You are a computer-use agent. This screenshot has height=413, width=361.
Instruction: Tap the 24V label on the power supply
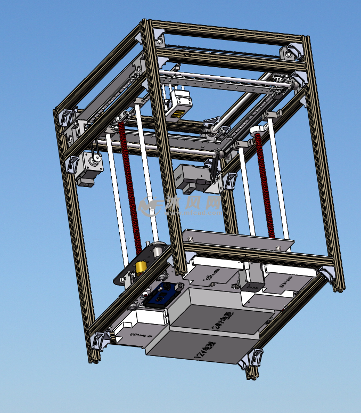tap(219, 318)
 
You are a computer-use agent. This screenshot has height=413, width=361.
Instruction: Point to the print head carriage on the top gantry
tap(178, 103)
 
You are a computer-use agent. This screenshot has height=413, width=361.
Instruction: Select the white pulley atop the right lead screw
tap(257, 131)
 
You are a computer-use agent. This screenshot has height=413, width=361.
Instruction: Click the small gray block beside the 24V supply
tap(252, 286)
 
